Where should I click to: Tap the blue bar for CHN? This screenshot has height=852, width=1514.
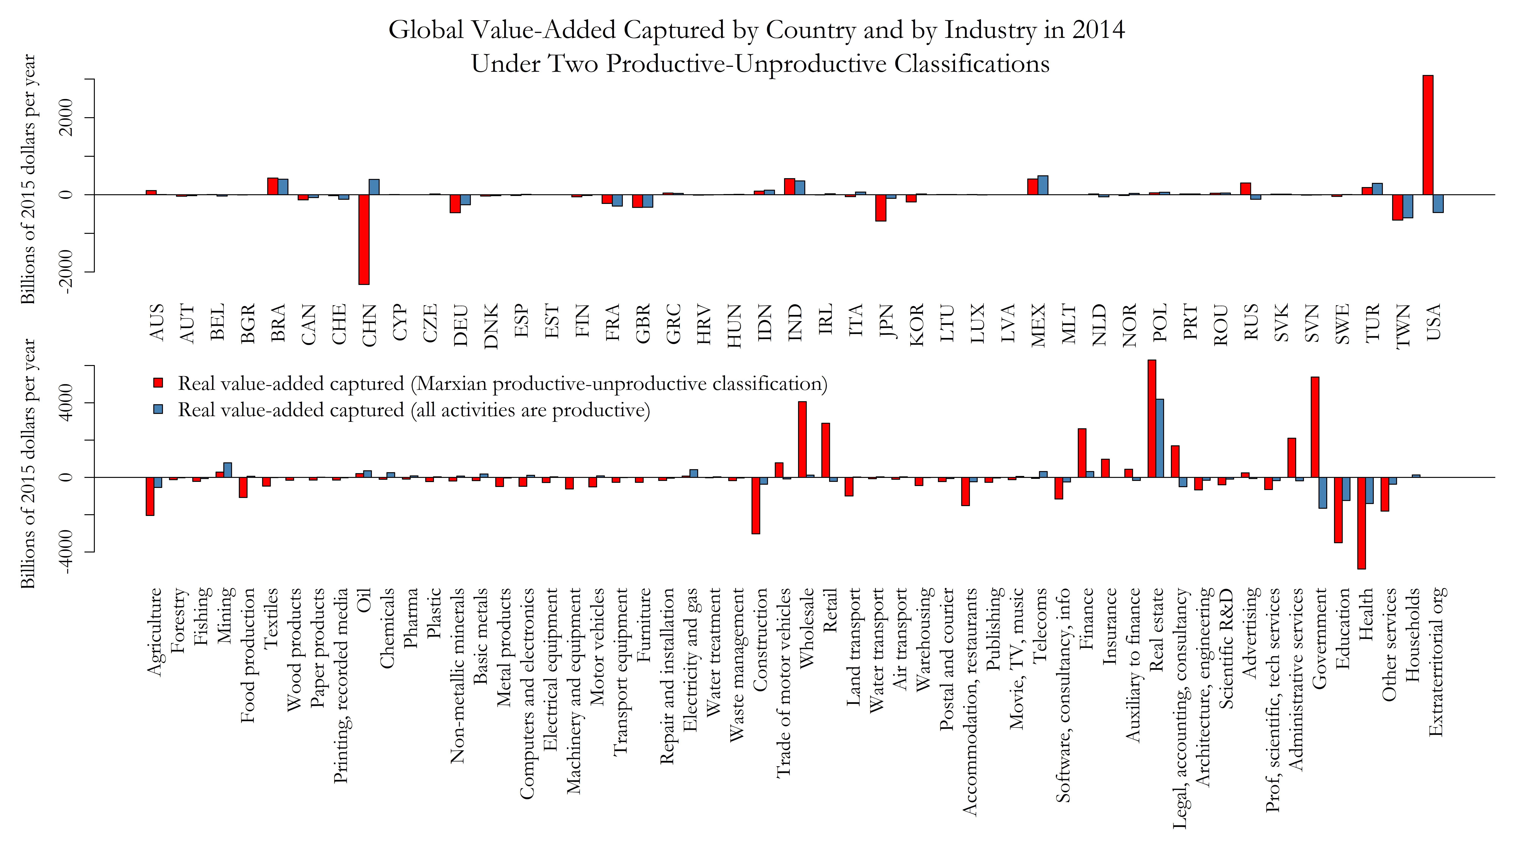(374, 187)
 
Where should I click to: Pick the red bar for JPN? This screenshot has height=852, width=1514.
(880, 208)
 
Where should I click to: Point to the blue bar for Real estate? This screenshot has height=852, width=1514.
(1160, 438)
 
